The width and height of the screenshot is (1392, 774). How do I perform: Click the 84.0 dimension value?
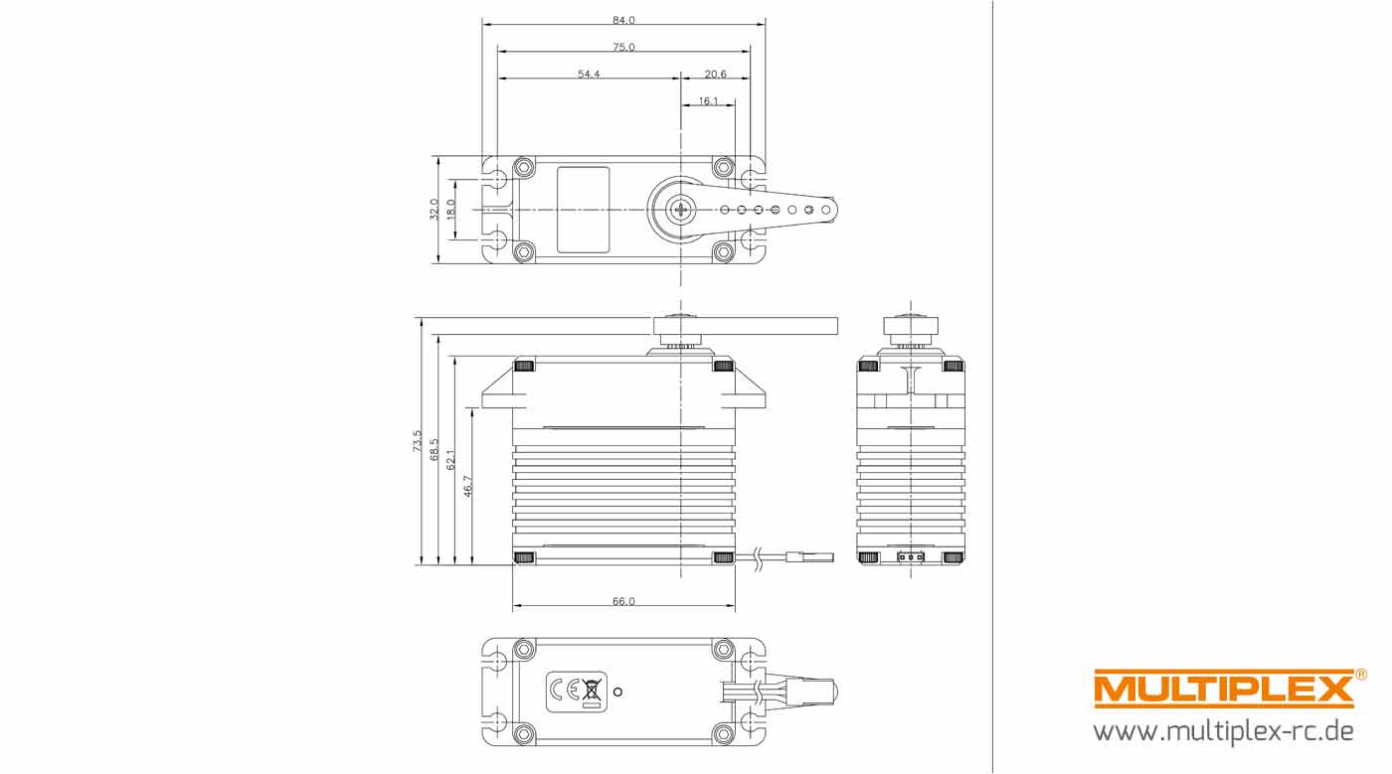click(623, 20)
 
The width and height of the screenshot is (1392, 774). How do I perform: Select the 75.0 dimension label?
click(623, 47)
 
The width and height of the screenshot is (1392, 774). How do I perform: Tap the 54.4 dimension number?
click(589, 75)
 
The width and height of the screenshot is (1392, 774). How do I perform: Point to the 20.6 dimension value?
click(715, 75)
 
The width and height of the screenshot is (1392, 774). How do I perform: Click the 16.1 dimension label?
click(708, 101)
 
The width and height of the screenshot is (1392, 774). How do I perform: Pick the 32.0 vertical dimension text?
click(435, 209)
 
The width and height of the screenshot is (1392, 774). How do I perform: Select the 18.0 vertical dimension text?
click(451, 209)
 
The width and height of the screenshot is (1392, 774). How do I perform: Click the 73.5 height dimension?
click(418, 441)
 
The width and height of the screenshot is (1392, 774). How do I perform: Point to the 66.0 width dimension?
click(623, 601)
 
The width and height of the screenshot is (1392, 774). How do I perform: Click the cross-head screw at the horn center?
click(681, 210)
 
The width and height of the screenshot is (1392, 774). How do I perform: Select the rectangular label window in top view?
click(583, 209)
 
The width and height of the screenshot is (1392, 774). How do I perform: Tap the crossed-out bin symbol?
click(593, 691)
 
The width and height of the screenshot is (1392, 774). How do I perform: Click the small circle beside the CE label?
click(618, 691)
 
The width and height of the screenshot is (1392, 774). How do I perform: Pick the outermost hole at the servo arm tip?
click(825, 210)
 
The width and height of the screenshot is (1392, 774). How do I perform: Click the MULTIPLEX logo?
click(1223, 689)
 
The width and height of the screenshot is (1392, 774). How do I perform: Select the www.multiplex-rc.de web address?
click(1223, 732)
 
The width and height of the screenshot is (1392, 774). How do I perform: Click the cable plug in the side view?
click(809, 557)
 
